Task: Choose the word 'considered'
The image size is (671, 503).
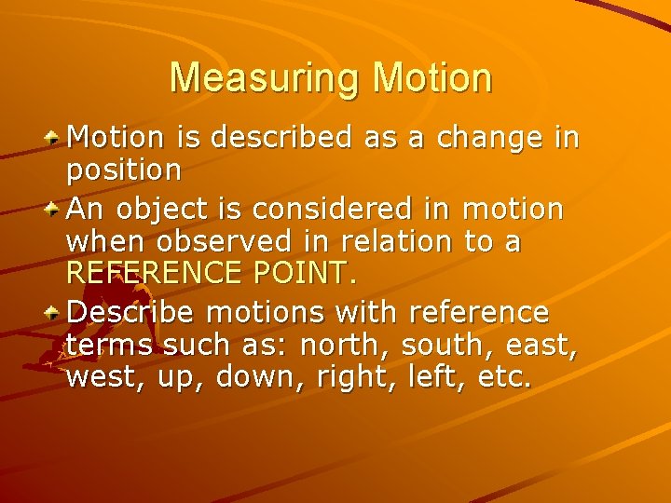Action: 307,208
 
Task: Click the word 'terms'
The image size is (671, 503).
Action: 110,345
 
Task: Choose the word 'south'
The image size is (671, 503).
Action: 445,345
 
